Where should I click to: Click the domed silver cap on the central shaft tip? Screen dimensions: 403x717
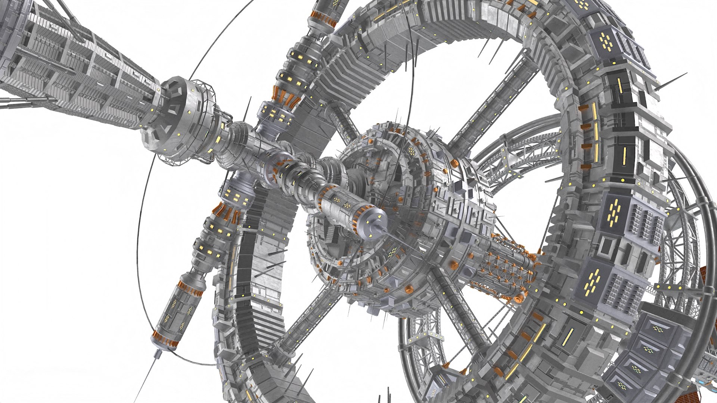click(x=370, y=224)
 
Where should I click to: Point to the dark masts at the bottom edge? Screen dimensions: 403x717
click(x=385, y=396)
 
